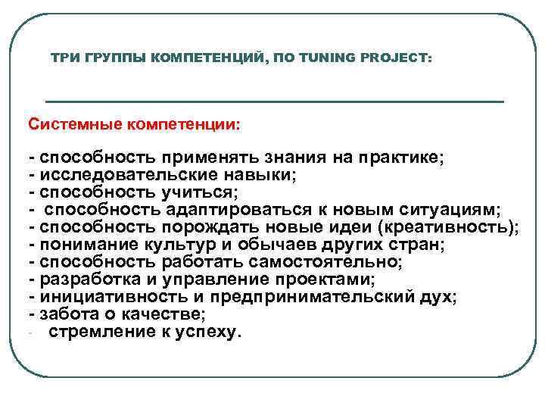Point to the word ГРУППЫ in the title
(x=114, y=58)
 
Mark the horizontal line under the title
(x=275, y=101)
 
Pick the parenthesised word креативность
(x=447, y=227)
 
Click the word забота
(x=70, y=314)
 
